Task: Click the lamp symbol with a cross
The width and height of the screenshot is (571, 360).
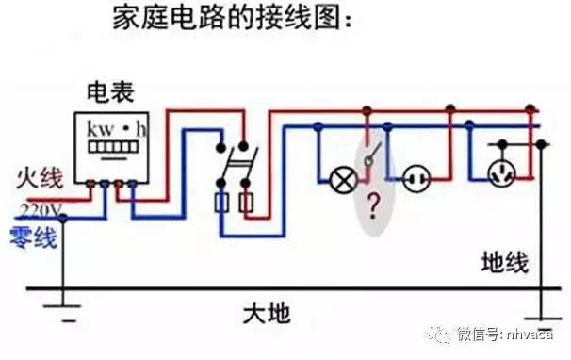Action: click(x=337, y=176)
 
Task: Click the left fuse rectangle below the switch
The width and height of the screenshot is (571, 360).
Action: click(x=221, y=202)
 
